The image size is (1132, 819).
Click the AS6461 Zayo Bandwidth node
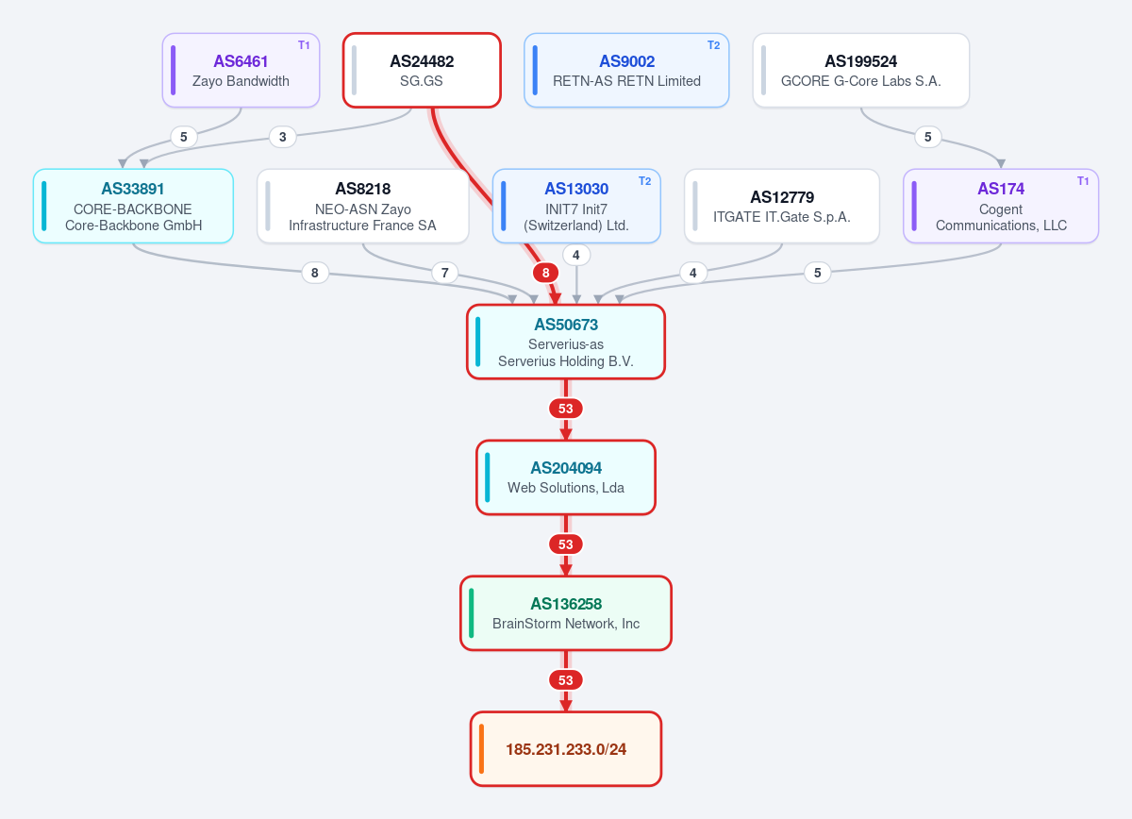pyautogui.click(x=241, y=70)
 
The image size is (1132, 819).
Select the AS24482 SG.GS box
pyautogui.click(x=422, y=70)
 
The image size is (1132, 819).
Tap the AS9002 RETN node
pyautogui.click(x=626, y=70)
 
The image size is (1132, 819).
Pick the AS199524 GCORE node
pyautogui.click(x=861, y=70)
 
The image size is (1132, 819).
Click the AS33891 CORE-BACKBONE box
pyautogui.click(x=133, y=206)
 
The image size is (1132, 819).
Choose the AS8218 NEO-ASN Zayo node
pyautogui.click(x=363, y=206)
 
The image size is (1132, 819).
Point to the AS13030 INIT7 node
pyautogui.click(x=576, y=206)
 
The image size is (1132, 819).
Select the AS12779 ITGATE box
pyautogui.click(x=782, y=206)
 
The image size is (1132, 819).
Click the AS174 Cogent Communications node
pyautogui.click(x=1001, y=206)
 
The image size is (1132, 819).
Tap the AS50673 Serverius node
pyautogui.click(x=566, y=342)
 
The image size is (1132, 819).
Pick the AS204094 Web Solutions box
pyautogui.click(x=566, y=477)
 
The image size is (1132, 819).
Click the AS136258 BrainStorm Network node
pyautogui.click(x=566, y=613)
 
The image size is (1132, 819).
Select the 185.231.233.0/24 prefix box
pyautogui.click(x=566, y=749)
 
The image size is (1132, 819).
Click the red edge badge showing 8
pyautogui.click(x=546, y=273)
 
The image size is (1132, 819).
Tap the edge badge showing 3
pyautogui.click(x=282, y=137)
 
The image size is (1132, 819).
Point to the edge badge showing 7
pyautogui.click(x=444, y=273)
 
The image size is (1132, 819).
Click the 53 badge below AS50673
pyautogui.click(x=566, y=409)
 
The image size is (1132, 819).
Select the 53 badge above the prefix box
pyautogui.click(x=566, y=680)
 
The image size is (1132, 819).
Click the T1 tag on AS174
pyautogui.click(x=1083, y=181)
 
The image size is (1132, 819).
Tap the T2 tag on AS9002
pyautogui.click(x=713, y=45)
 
